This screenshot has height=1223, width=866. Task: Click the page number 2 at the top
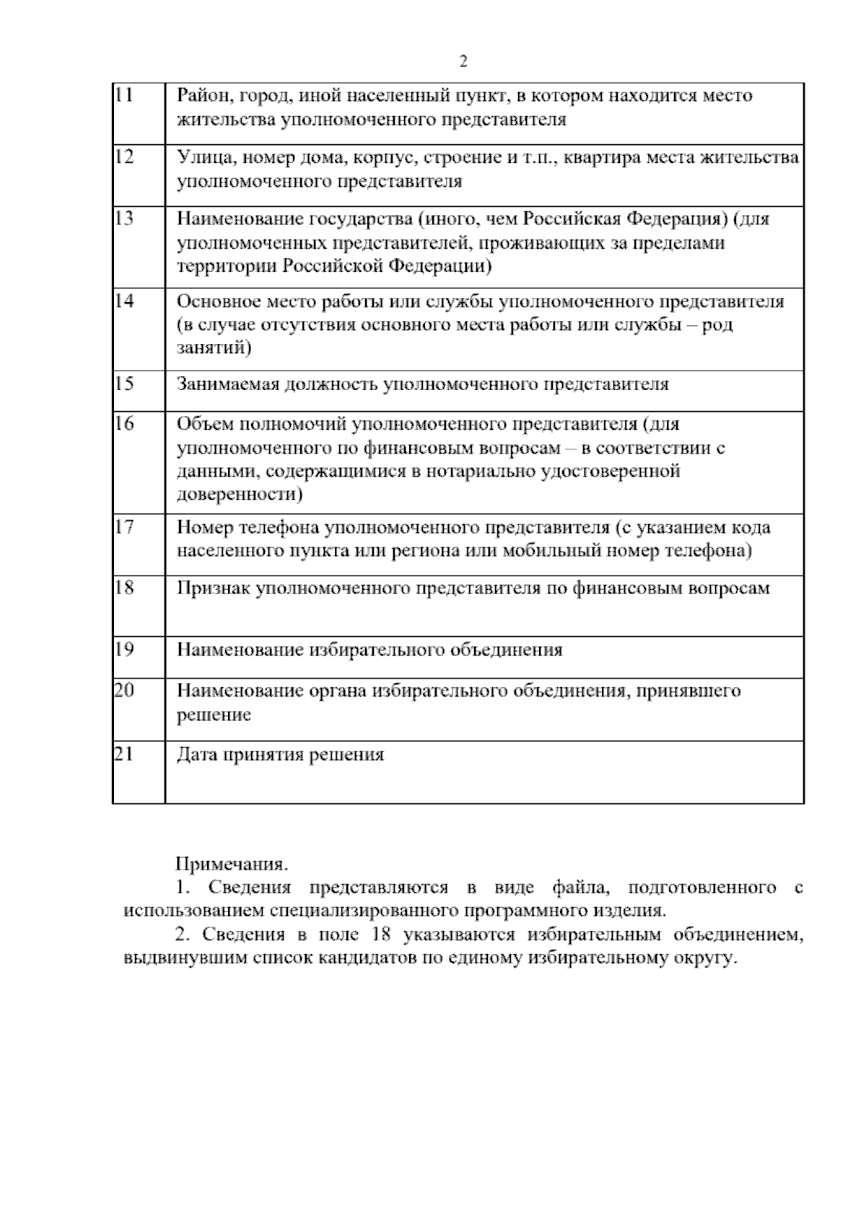pyautogui.click(x=463, y=62)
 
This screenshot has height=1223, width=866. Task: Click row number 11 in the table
pyautogui.click(x=123, y=95)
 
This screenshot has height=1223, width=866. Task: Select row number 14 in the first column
pyautogui.click(x=124, y=301)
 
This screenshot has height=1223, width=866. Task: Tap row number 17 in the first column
pyautogui.click(x=124, y=527)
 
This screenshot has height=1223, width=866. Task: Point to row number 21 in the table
pyautogui.click(x=124, y=754)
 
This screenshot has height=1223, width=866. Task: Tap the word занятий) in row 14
pyautogui.click(x=214, y=349)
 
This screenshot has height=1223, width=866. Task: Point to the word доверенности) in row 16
pyautogui.click(x=240, y=495)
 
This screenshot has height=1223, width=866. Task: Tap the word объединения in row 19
pyautogui.click(x=506, y=650)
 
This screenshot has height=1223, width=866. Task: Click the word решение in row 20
pyautogui.click(x=214, y=715)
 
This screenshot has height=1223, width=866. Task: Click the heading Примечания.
pyautogui.click(x=232, y=863)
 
